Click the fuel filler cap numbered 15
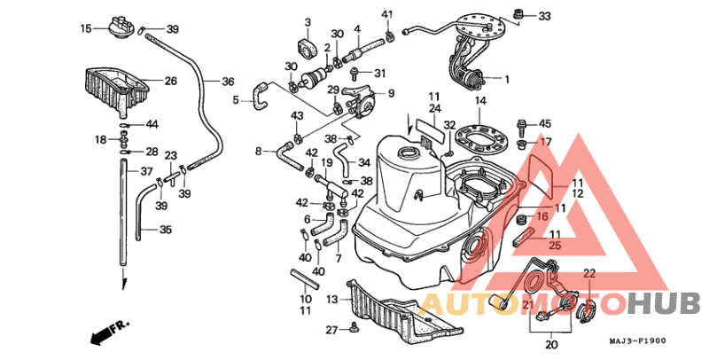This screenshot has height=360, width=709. (x=121, y=27)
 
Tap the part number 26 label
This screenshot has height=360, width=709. (x=170, y=81)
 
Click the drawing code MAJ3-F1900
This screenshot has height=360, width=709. (x=638, y=340)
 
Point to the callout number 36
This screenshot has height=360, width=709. (x=228, y=82)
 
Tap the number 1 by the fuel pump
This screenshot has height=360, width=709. (x=507, y=80)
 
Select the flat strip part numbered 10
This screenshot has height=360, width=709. (x=304, y=278)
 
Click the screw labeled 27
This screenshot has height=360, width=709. (x=354, y=326)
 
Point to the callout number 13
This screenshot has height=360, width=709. (x=332, y=299)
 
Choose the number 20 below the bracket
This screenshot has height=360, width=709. (x=551, y=345)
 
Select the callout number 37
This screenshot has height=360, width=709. (x=146, y=172)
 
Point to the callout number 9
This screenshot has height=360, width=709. (x=391, y=93)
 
